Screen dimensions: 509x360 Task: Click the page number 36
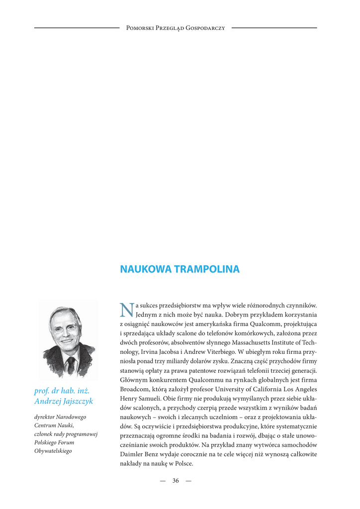176,481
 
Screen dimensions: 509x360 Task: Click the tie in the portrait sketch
71,365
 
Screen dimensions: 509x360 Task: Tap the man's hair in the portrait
64,313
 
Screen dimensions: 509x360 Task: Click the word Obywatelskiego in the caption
53,451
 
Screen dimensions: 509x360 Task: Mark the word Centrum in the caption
45,425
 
